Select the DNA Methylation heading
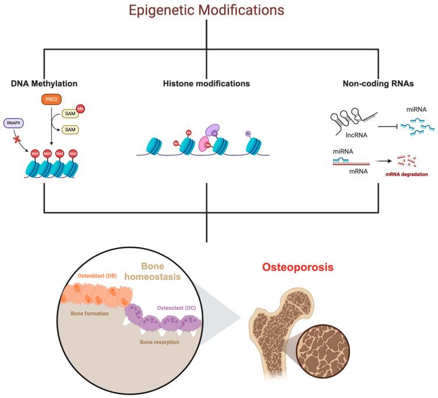pos(44,84)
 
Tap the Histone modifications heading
pos(206,84)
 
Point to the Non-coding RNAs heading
pos(378,84)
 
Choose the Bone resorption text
pos(158,342)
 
